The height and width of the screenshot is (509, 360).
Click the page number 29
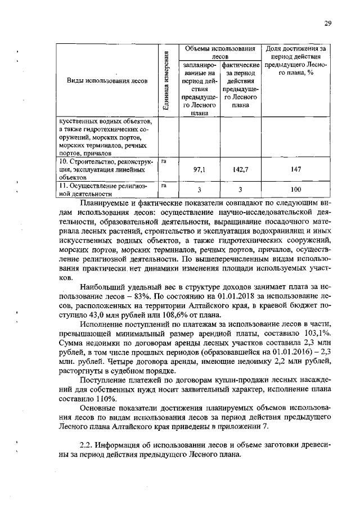327,22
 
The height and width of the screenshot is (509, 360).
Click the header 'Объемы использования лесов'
220,52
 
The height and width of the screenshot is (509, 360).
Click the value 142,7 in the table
240,169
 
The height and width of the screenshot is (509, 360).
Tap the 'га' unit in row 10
164,161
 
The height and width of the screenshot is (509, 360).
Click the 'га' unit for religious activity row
164,184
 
